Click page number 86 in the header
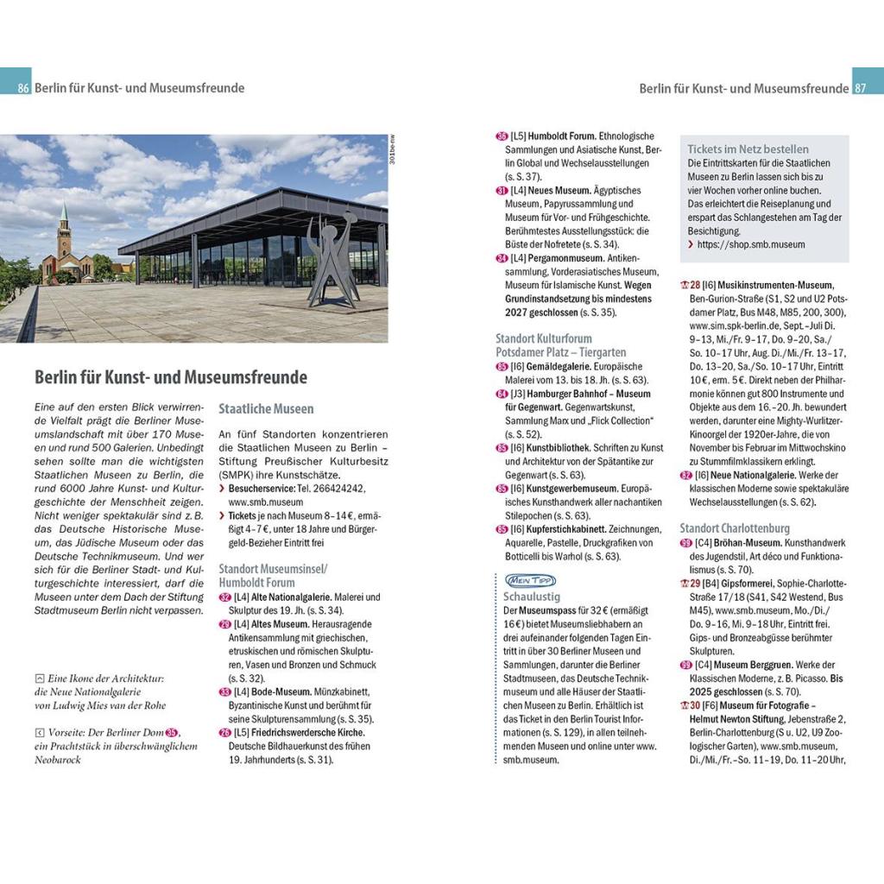(23, 88)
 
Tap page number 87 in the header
(860, 88)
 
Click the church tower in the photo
(64, 234)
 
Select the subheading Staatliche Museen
(266, 408)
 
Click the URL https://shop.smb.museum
(751, 245)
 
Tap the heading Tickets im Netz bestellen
(748, 148)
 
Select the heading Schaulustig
(532, 596)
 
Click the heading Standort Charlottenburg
(735, 528)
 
